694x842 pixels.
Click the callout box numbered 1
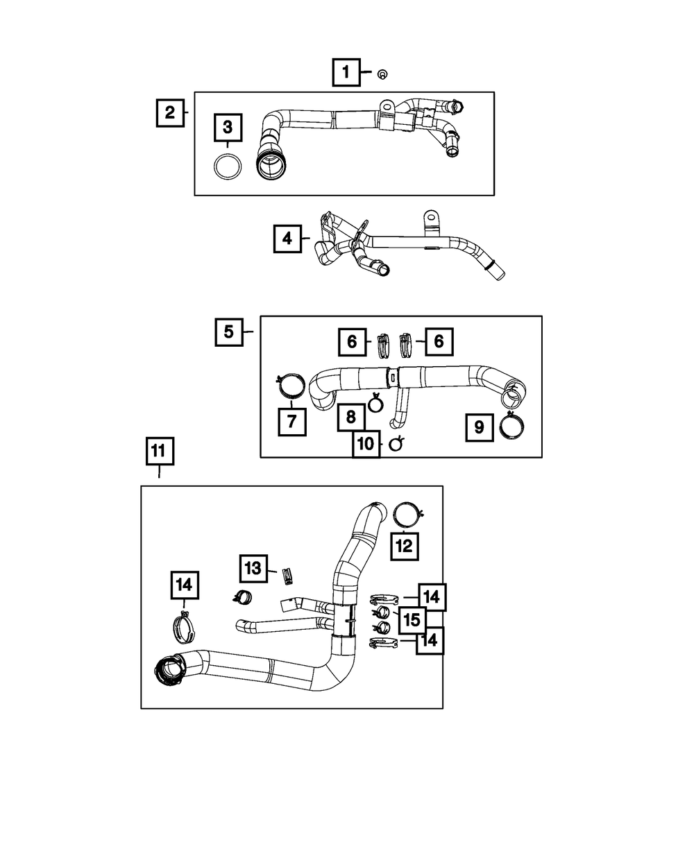346,72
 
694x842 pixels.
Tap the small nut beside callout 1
382,75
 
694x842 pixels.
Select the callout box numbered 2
170,113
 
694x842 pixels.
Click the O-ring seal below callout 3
228,166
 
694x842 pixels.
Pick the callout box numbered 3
228,128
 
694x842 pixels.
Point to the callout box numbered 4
287,239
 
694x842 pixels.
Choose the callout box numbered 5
229,332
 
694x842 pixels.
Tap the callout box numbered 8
350,418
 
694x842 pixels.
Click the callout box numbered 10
366,444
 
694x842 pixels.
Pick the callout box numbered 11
160,451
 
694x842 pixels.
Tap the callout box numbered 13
253,569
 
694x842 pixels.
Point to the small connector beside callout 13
287,576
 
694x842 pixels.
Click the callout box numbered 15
412,620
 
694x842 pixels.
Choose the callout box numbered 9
480,427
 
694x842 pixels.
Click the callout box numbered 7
291,422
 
